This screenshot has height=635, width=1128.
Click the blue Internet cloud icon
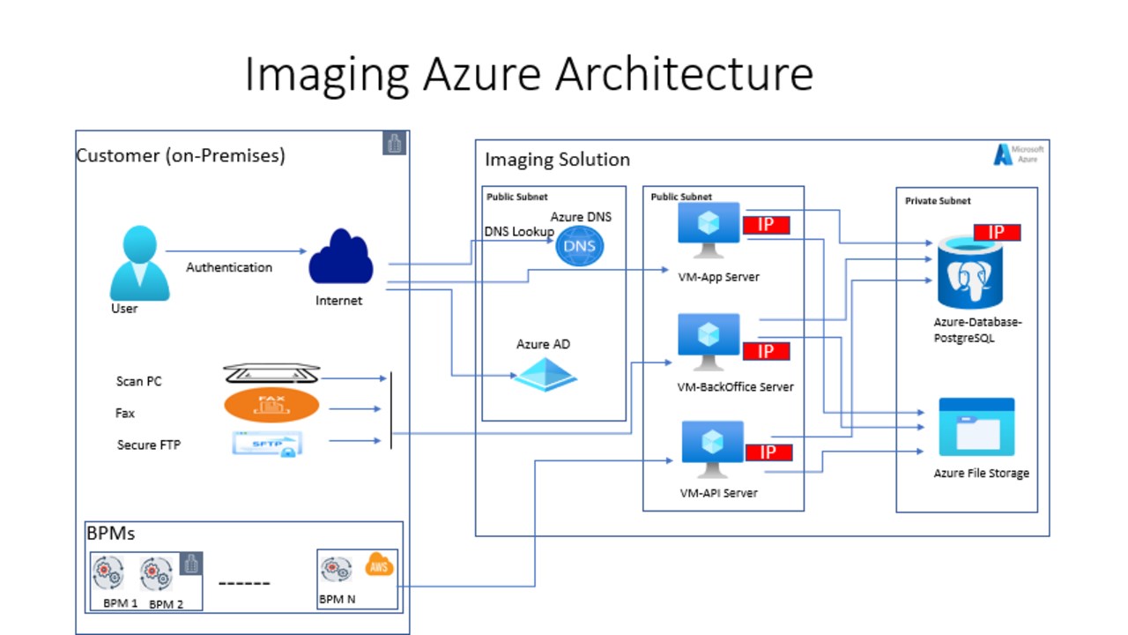point(341,258)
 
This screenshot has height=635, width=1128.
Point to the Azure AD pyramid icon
point(545,373)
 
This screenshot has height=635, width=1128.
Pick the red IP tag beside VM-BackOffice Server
point(766,352)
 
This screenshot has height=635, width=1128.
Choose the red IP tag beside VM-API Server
point(768,452)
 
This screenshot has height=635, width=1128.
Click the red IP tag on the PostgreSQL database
point(997,233)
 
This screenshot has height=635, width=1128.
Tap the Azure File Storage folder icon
point(976,428)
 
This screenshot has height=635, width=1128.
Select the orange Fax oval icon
point(271,405)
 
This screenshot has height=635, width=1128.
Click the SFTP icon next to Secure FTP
point(268,444)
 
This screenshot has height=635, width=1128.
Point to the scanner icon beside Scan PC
point(271,374)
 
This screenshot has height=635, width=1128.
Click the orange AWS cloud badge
point(380,565)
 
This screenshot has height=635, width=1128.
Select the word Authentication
point(229,267)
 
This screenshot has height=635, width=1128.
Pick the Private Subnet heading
point(938,201)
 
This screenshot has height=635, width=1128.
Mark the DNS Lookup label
point(519,231)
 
